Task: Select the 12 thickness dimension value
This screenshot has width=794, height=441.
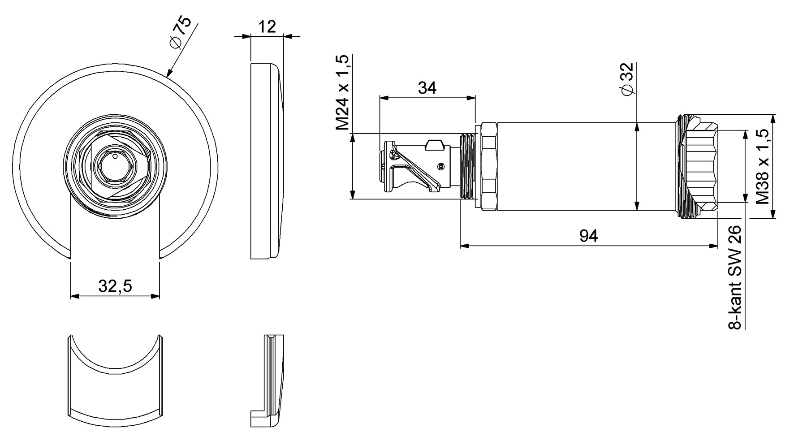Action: coord(267,27)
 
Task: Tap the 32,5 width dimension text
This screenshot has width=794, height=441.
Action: coord(115,285)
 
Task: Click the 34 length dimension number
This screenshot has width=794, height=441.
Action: coord(427,88)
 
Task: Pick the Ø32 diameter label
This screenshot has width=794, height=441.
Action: coord(627,79)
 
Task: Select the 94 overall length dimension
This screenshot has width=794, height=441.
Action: coord(588,235)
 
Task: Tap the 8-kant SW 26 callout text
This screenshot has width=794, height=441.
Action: coord(734,278)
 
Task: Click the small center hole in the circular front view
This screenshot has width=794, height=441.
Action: coord(115,156)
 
